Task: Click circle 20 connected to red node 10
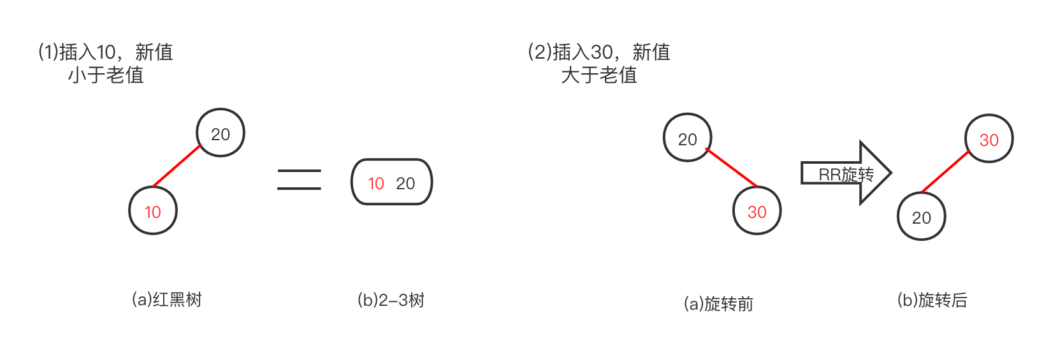(x=221, y=133)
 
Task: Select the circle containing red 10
(x=153, y=211)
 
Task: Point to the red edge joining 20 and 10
(x=177, y=166)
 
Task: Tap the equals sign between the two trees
(x=299, y=180)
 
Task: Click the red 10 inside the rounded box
(x=376, y=184)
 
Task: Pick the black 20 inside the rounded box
(x=405, y=184)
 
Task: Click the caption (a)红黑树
(x=166, y=299)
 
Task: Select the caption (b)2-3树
(x=391, y=299)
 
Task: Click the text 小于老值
(x=106, y=75)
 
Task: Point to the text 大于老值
(x=599, y=75)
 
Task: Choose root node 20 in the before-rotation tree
(x=687, y=138)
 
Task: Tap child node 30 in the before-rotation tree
(x=757, y=212)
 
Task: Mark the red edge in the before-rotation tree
(x=731, y=168)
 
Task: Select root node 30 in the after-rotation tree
(x=989, y=139)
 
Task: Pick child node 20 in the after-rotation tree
(x=922, y=217)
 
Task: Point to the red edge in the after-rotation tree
(x=945, y=171)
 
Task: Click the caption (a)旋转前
(x=718, y=303)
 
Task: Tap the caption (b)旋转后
(x=932, y=299)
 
